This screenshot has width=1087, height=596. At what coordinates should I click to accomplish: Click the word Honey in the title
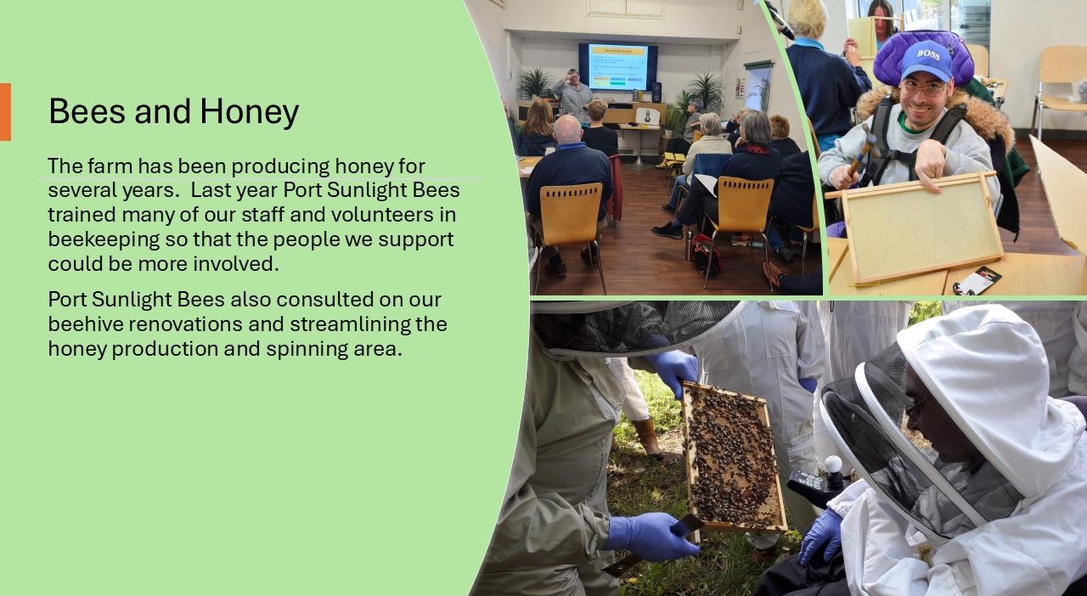coord(249,112)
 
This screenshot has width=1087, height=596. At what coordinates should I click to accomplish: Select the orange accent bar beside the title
coord(5,111)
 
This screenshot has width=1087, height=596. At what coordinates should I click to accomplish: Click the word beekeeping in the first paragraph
coord(104,239)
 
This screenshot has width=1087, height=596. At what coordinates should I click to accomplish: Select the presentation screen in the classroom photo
coord(618,67)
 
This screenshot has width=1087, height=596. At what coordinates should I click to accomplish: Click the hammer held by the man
coord(863,149)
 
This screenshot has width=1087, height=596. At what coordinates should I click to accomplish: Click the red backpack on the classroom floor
coord(706,255)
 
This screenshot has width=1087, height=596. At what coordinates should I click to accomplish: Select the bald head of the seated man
coord(568,129)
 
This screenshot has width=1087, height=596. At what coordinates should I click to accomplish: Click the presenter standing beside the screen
coord(573,96)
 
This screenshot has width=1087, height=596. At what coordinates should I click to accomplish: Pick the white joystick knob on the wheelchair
coord(833,464)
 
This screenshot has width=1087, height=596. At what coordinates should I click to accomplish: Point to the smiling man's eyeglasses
coord(923,87)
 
